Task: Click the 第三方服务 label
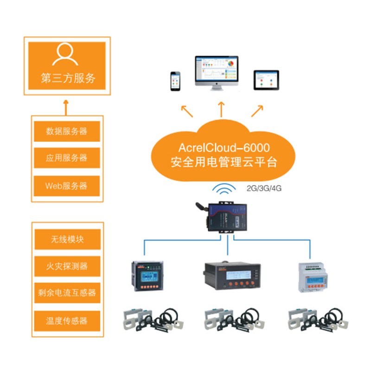(x=68, y=78)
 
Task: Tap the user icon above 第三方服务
(x=65, y=55)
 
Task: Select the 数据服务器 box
(x=67, y=131)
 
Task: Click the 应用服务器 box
(x=67, y=158)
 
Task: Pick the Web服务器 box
(x=67, y=185)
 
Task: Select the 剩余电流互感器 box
(x=67, y=293)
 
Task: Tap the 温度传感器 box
(x=67, y=320)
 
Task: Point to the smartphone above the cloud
(x=175, y=81)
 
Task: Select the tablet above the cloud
(x=266, y=80)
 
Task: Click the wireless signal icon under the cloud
(x=225, y=189)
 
